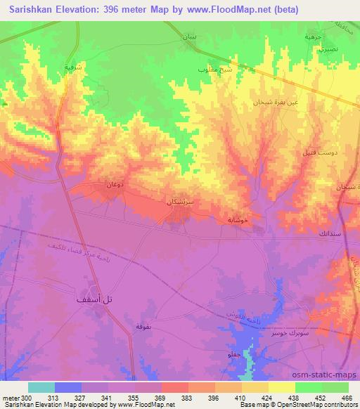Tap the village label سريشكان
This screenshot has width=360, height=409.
179,201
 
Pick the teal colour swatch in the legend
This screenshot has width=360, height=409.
41,387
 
